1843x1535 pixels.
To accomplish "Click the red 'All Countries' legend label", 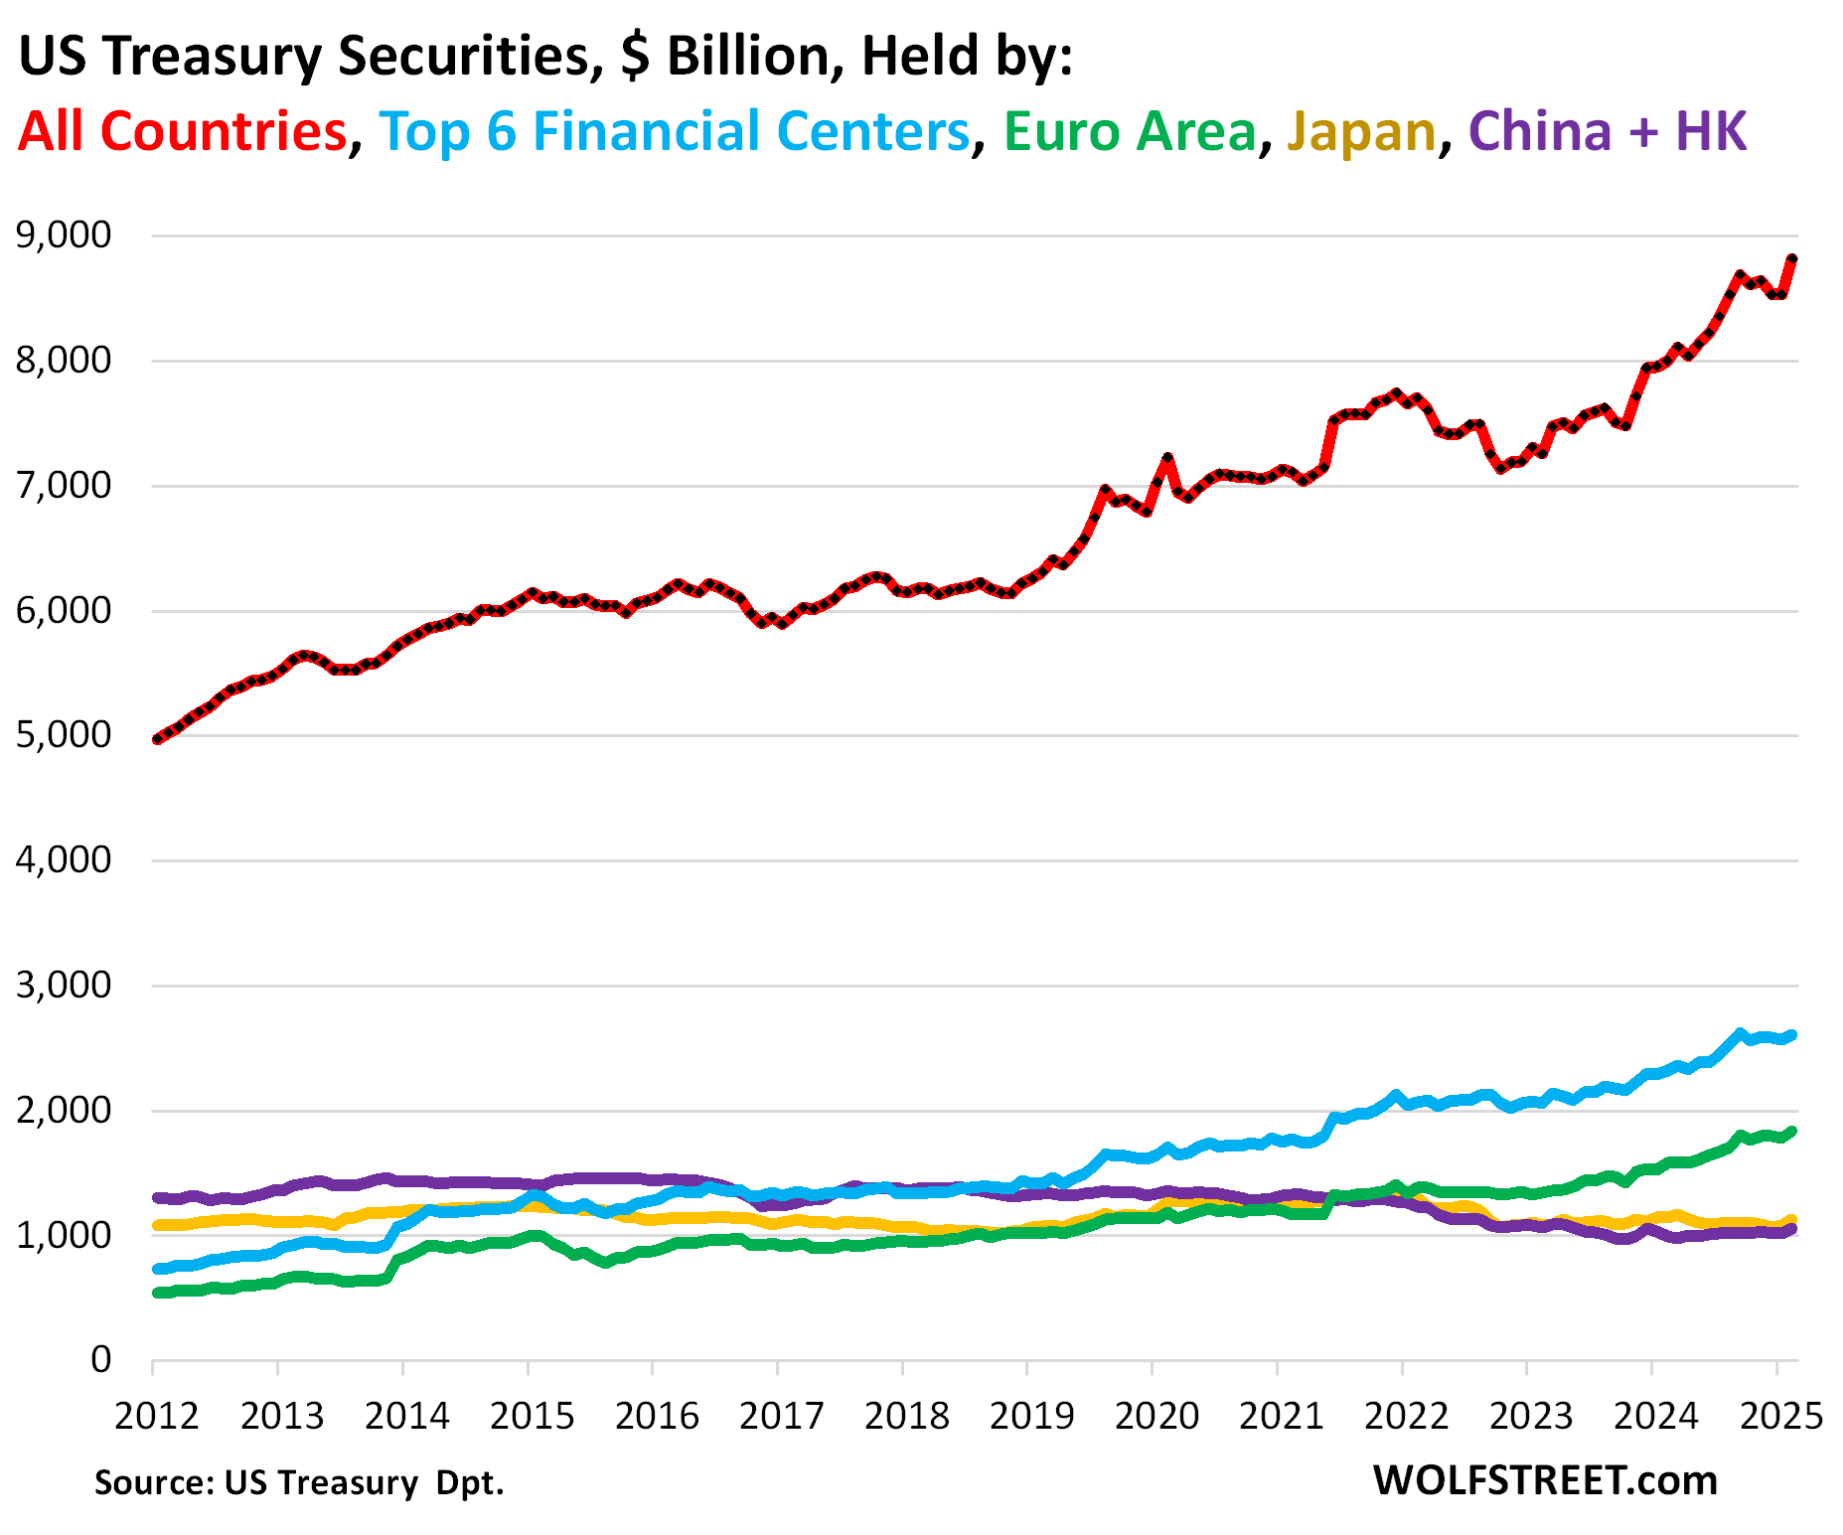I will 182,131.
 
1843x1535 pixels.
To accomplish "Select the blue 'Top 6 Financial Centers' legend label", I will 674,131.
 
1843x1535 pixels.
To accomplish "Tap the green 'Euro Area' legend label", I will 1130,131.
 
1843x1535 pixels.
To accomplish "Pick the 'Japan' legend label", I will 1361,131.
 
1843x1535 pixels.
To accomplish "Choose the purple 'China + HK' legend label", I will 1608,131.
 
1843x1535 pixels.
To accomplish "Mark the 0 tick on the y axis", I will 101,1359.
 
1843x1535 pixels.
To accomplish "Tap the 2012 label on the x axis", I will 157,1416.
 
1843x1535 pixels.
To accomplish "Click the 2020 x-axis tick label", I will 1156,1416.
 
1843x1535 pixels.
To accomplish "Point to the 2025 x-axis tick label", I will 1781,1416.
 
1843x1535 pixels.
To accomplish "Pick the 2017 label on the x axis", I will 781,1416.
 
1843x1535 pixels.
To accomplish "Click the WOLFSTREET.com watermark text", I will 1545,1480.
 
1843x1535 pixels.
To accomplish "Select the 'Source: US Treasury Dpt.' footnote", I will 299,1482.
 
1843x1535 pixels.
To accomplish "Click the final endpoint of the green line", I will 1792,1131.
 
